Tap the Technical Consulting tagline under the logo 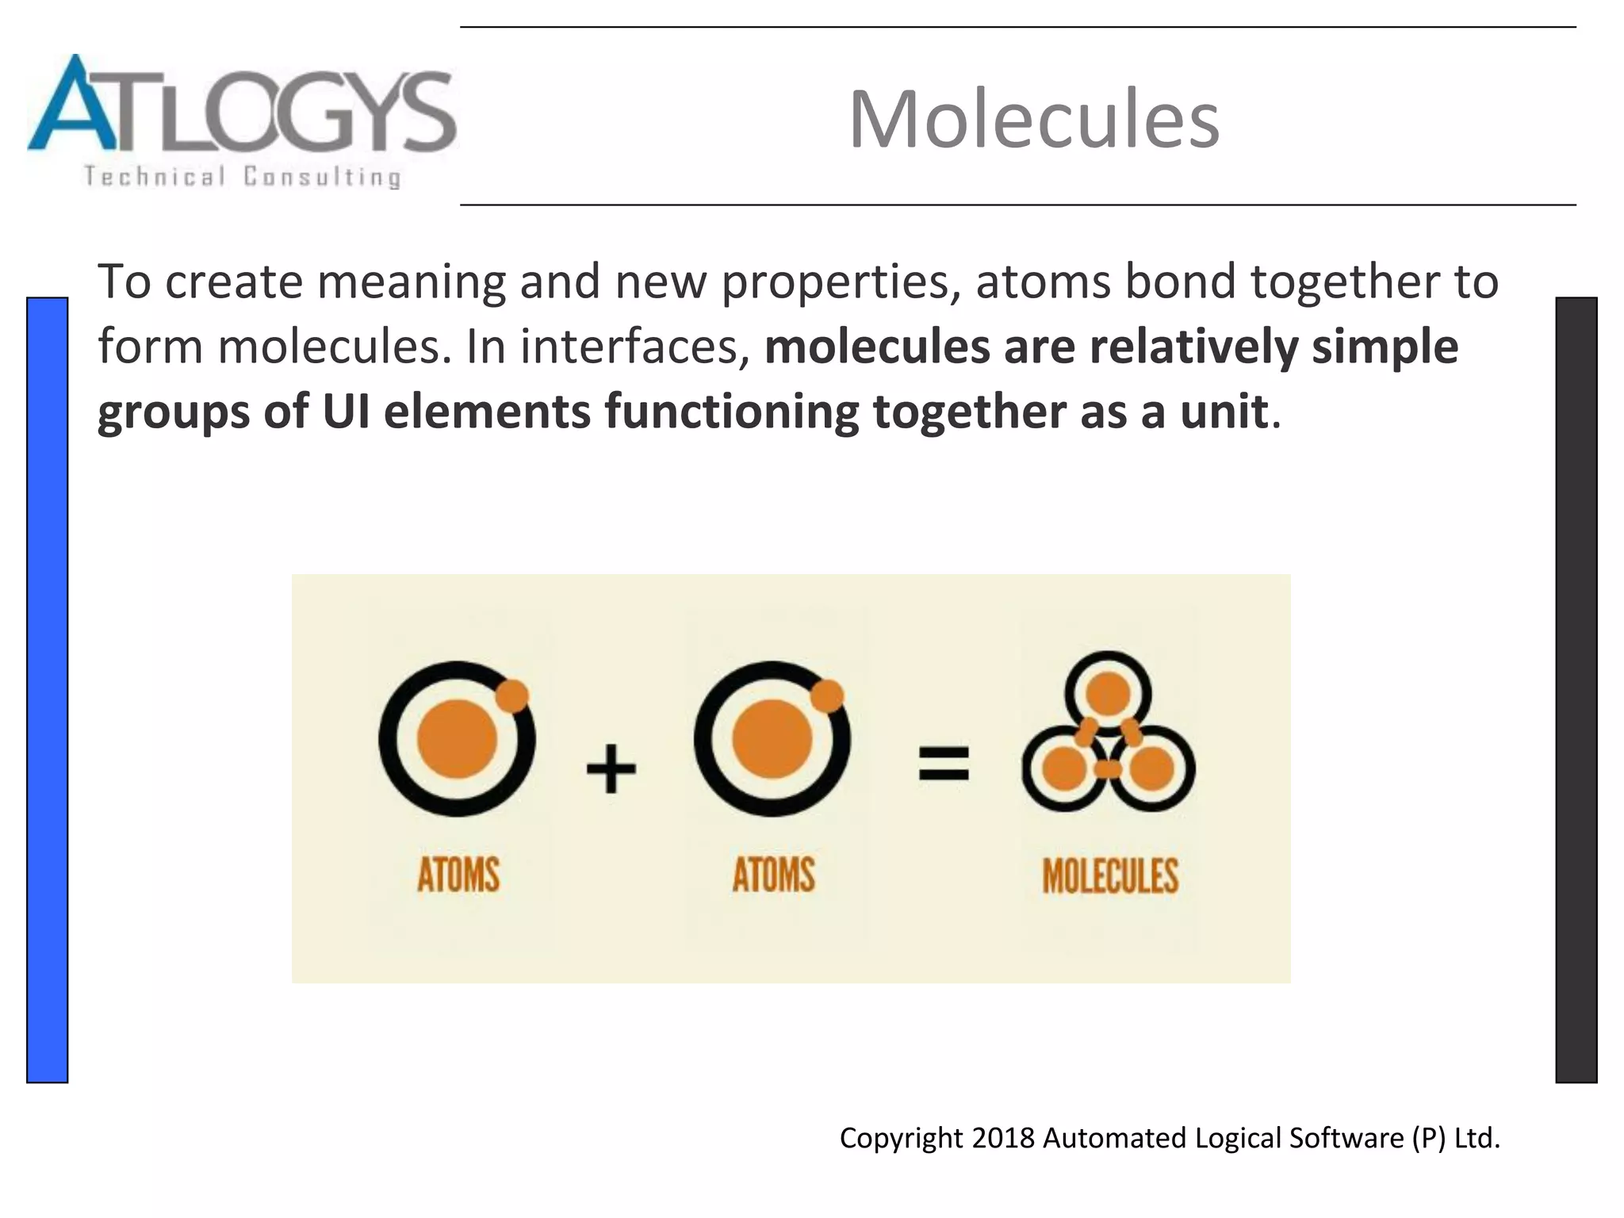(x=242, y=176)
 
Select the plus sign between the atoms (x=611, y=768)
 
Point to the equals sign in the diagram (x=944, y=763)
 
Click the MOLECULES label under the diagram (x=1110, y=875)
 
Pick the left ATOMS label (x=458, y=875)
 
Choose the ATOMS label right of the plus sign (x=773, y=875)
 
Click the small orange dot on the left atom (x=512, y=696)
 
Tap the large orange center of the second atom (x=772, y=739)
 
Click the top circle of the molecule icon (x=1108, y=694)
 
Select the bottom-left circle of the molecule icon (x=1063, y=768)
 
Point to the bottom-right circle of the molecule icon (x=1152, y=768)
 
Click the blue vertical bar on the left (x=48, y=690)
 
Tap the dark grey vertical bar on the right (x=1576, y=690)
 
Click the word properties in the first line (x=834, y=282)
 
